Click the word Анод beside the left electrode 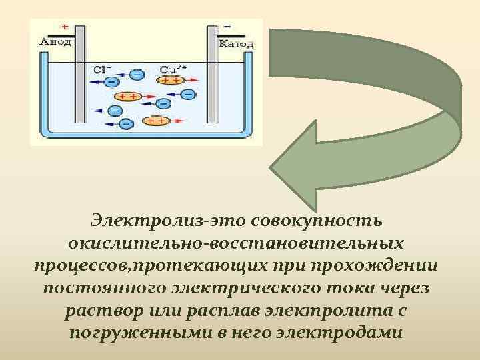pyautogui.click(x=53, y=43)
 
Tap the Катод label pyautogui.click(x=236, y=43)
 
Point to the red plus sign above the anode pyautogui.click(x=65, y=26)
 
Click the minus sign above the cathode pyautogui.click(x=228, y=26)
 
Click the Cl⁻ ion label pyautogui.click(x=102, y=69)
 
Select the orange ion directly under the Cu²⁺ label pyautogui.click(x=171, y=80)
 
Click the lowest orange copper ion pyautogui.click(x=157, y=121)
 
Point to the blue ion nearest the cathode pyautogui.click(x=189, y=94)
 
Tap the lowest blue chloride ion pyautogui.click(x=125, y=123)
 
